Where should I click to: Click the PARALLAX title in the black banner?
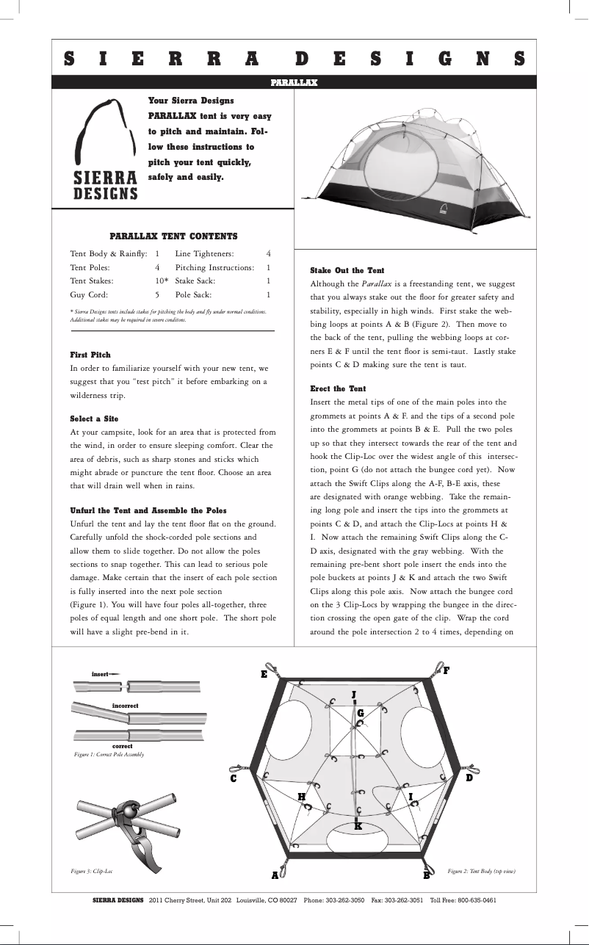click(x=294, y=82)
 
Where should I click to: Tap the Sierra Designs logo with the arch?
click(x=105, y=151)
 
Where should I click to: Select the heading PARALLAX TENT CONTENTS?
click(x=173, y=236)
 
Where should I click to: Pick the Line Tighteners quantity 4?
click(x=268, y=253)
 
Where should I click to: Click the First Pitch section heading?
click(x=90, y=355)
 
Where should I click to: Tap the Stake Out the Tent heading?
click(x=347, y=270)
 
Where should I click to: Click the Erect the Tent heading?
click(x=338, y=388)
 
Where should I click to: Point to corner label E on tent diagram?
click(x=264, y=674)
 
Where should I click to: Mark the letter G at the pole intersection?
click(x=360, y=713)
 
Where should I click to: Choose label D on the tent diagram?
click(x=469, y=778)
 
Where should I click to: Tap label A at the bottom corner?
click(x=275, y=875)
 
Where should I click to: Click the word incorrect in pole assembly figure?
click(x=125, y=705)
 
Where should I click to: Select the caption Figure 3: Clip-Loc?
click(x=91, y=871)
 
